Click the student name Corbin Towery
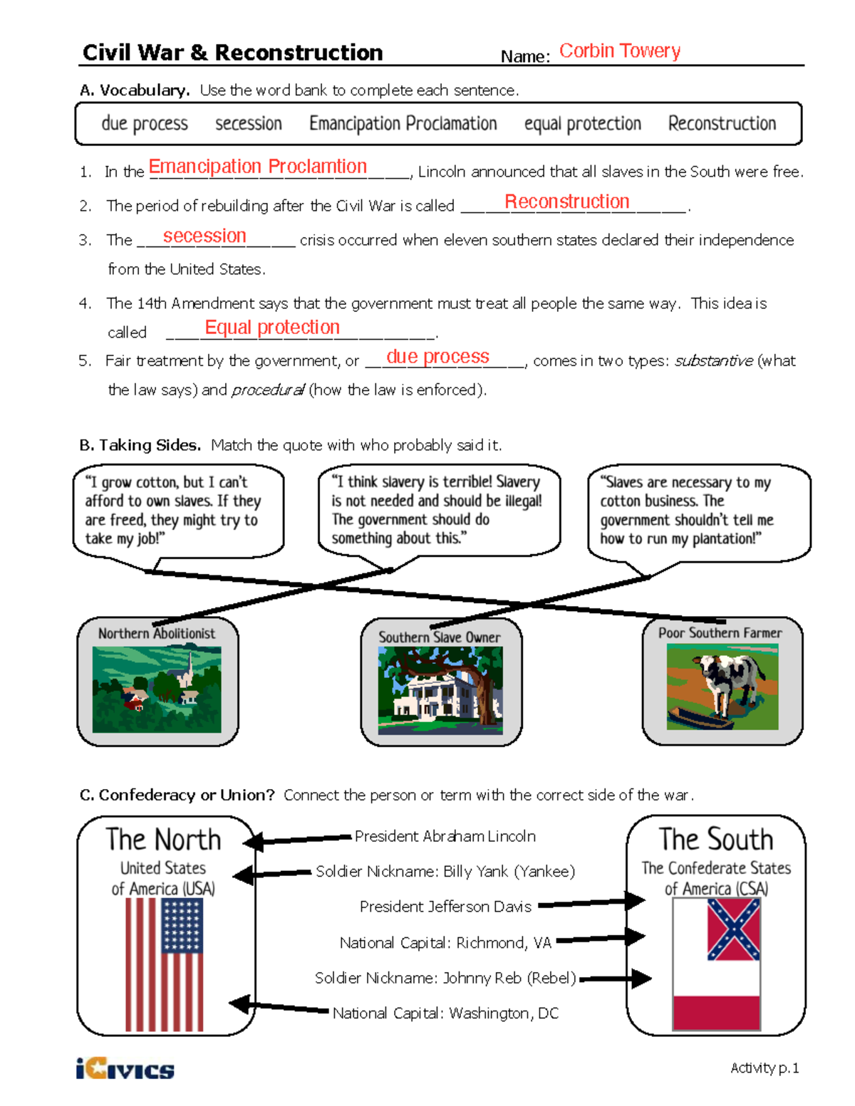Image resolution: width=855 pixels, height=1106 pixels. click(619, 51)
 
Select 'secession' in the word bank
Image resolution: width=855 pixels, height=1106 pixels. click(249, 124)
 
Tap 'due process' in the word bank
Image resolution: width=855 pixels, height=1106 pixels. click(145, 124)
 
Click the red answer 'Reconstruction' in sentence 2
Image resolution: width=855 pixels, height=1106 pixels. click(566, 202)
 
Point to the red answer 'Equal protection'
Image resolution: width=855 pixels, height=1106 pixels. click(272, 328)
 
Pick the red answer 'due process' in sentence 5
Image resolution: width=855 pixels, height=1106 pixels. click(437, 357)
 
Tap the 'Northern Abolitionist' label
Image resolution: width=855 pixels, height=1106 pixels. click(156, 633)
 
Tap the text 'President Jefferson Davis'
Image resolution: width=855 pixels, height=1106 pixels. click(445, 907)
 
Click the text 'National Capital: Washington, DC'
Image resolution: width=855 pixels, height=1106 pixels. click(445, 1013)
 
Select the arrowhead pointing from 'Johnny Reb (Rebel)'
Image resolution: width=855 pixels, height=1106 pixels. click(641, 979)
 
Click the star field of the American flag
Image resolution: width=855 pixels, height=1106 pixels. click(182, 925)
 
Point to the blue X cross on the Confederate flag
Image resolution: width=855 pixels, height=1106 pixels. click(733, 929)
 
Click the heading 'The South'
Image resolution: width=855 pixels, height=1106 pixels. click(715, 840)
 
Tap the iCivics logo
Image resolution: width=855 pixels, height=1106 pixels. click(125, 1069)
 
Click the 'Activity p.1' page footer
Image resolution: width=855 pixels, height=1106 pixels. click(765, 1068)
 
